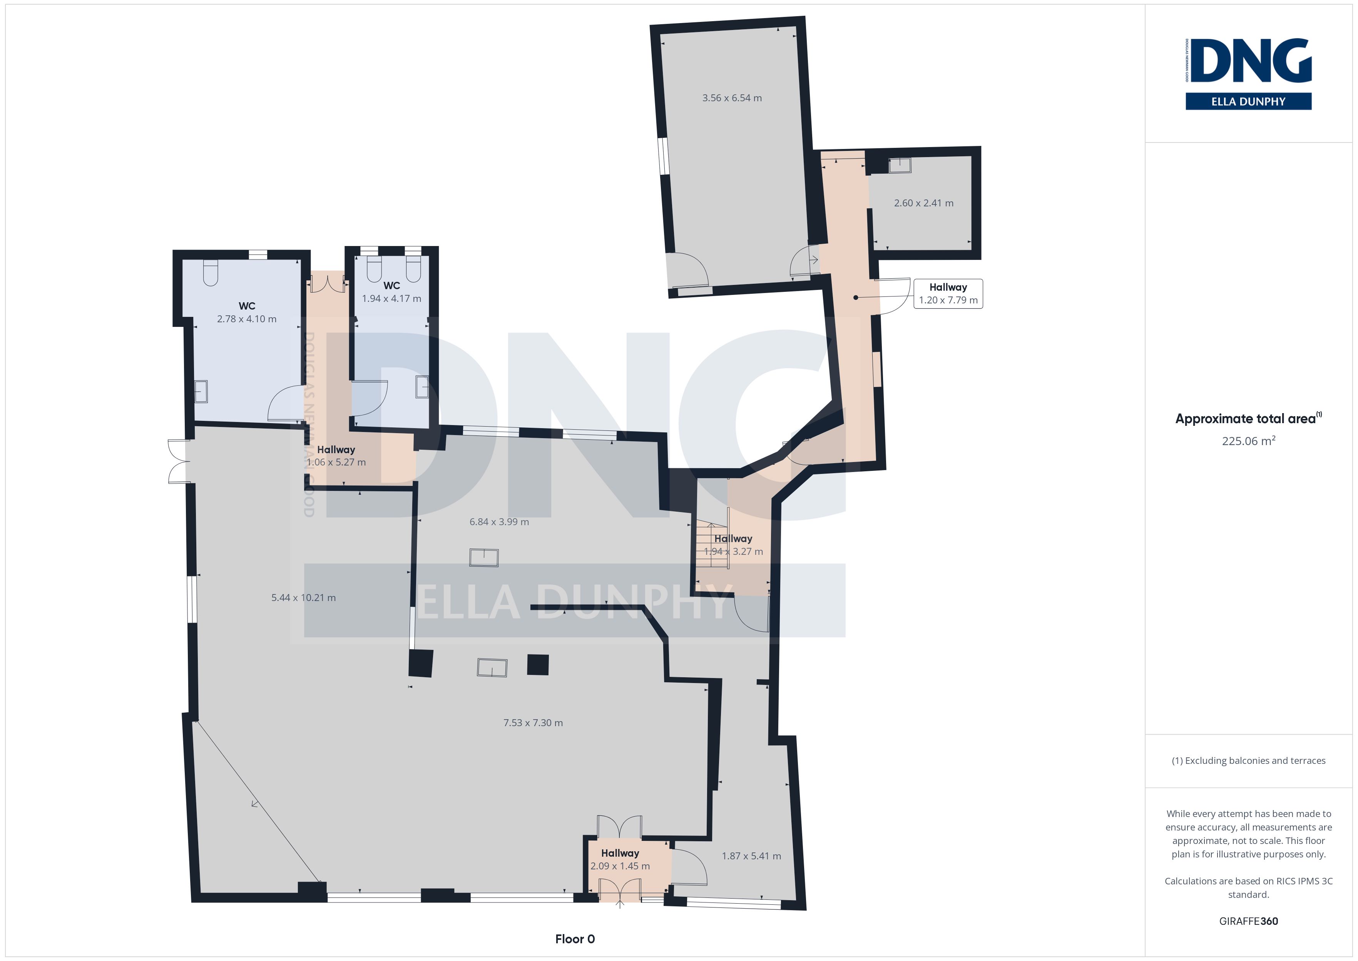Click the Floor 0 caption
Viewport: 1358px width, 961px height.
click(x=575, y=939)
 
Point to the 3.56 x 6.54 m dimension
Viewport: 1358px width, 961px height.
click(x=732, y=98)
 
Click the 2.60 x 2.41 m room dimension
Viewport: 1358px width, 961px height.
click(x=923, y=203)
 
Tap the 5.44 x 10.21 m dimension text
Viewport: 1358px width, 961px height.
click(x=303, y=598)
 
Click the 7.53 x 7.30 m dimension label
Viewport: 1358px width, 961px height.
click(x=533, y=723)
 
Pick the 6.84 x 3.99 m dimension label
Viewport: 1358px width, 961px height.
click(x=499, y=522)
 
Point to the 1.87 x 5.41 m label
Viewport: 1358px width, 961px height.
click(x=751, y=856)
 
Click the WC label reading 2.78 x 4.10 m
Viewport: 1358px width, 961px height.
click(x=247, y=313)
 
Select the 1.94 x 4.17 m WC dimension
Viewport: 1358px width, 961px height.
click(x=391, y=299)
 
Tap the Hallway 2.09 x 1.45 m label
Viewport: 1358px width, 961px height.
click(x=620, y=859)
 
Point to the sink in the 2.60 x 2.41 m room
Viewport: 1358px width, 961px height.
click(x=900, y=165)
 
